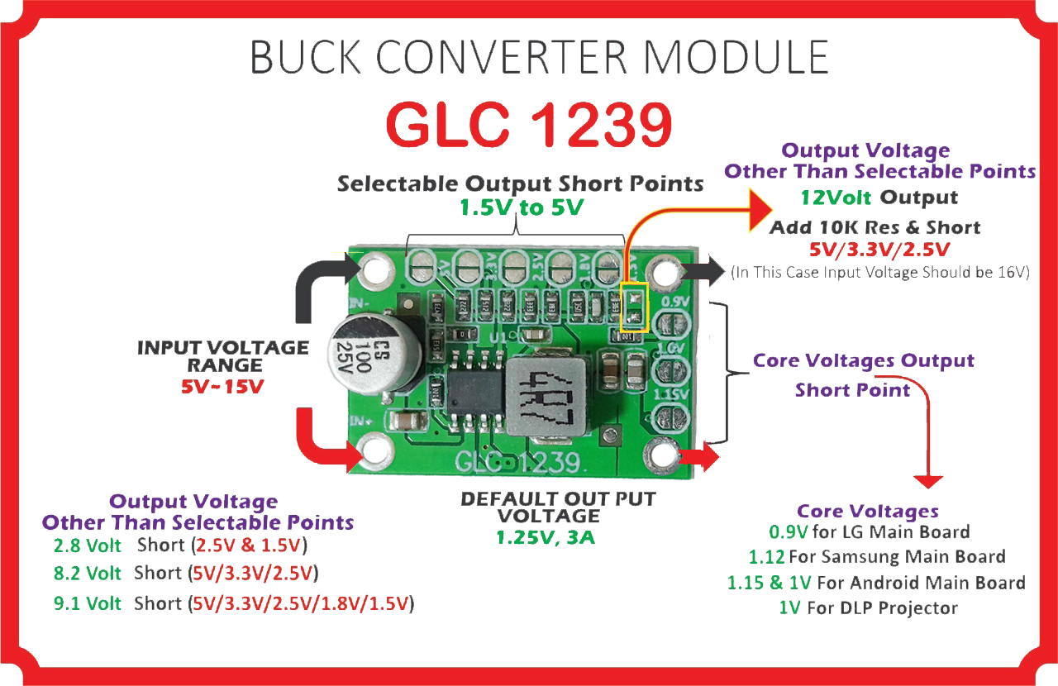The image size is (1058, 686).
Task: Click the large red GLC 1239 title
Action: (x=529, y=125)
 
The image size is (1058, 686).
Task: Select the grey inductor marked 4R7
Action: (x=545, y=396)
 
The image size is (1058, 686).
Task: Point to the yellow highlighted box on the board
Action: (x=633, y=307)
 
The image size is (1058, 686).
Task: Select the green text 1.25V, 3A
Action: (x=545, y=538)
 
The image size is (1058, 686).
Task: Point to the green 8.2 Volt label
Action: (x=87, y=574)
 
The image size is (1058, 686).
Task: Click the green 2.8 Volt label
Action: (x=87, y=545)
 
